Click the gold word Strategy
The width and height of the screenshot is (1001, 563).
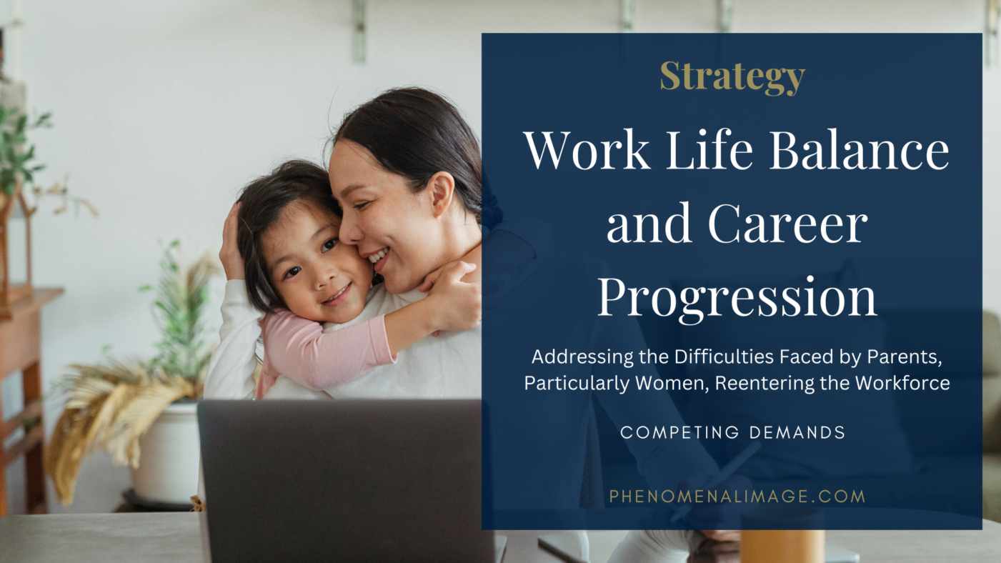[x=732, y=77]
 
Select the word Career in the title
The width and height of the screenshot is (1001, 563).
[x=788, y=222]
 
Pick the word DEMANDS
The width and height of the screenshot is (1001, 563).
[x=797, y=432]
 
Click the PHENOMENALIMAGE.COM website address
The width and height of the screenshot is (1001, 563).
[x=737, y=497]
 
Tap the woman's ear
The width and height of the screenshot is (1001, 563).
[x=441, y=194]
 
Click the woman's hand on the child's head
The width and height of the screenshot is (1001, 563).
[x=231, y=244]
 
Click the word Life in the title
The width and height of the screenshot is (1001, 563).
[x=709, y=149]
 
